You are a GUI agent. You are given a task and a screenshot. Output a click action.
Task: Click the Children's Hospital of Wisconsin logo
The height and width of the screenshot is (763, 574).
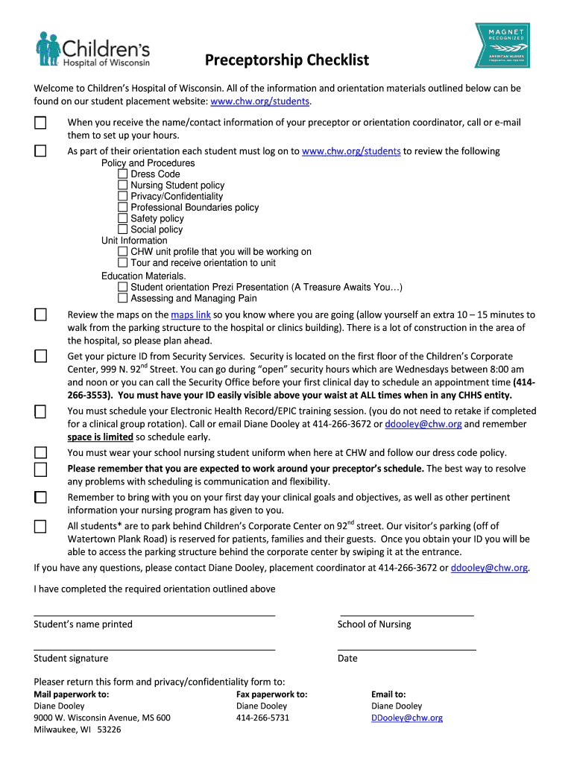point(93,49)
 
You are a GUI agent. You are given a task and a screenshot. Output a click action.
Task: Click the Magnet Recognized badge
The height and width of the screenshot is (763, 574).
point(502,45)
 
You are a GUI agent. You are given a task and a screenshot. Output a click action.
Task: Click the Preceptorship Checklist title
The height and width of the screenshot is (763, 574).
point(287,60)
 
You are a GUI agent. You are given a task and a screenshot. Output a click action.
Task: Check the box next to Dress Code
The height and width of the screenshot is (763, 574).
point(123,174)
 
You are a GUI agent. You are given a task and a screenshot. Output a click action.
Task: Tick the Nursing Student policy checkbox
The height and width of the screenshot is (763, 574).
point(123,186)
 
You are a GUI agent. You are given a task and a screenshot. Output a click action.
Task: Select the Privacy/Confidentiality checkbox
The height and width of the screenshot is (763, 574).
point(123,197)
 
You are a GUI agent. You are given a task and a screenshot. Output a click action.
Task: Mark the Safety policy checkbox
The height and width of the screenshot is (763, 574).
point(123,219)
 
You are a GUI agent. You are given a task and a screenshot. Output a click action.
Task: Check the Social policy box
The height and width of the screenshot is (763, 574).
point(123,230)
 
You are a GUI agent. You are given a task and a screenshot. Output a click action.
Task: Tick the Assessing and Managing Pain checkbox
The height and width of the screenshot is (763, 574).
point(123,299)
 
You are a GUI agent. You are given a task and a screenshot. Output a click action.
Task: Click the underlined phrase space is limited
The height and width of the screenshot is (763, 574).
point(100,437)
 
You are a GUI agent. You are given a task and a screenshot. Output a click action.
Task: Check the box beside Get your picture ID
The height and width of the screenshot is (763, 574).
point(40,357)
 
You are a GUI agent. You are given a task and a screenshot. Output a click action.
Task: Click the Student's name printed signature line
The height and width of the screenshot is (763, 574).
point(154,615)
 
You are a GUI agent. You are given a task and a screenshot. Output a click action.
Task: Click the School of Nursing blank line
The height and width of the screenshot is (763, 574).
point(406,615)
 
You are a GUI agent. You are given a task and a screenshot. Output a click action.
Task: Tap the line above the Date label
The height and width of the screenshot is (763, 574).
point(406,649)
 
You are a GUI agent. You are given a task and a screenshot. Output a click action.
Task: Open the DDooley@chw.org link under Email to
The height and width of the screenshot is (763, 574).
point(406,718)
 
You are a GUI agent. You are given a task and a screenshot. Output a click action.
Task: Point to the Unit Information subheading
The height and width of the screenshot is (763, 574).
point(134,241)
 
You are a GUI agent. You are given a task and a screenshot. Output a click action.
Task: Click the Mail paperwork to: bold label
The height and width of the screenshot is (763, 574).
point(72,694)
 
